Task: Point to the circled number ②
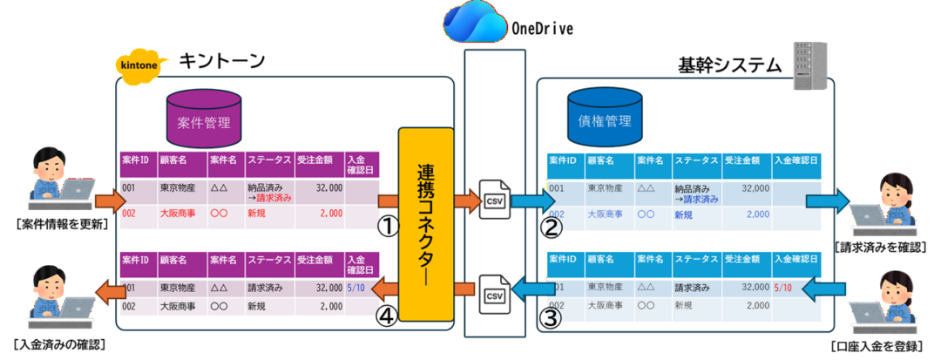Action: click(551, 228)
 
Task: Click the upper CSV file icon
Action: click(493, 200)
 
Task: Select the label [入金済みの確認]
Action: click(60, 345)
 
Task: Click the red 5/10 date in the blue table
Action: click(783, 288)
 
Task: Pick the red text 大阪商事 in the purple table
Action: click(178, 213)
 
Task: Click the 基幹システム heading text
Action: click(728, 65)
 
